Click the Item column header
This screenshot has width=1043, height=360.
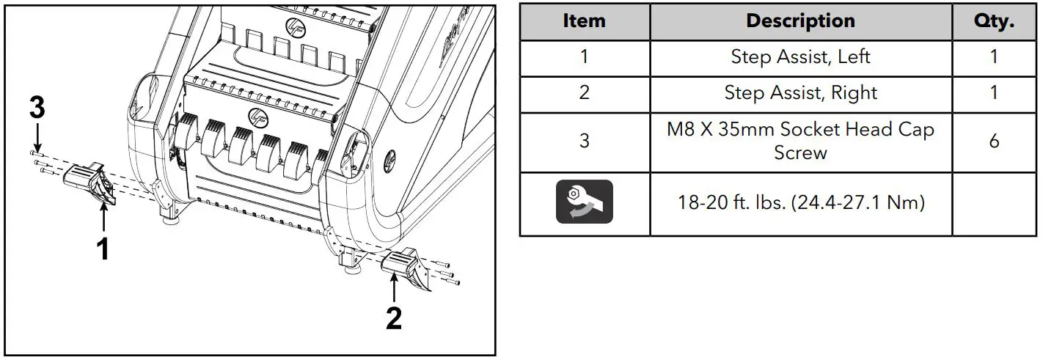click(584, 21)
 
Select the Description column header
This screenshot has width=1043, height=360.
click(800, 21)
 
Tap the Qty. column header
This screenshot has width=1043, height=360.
click(994, 21)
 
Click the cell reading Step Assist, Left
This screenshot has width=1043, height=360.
click(800, 57)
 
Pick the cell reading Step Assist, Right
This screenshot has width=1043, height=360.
click(800, 93)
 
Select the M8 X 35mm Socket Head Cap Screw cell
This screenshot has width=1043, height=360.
click(800, 141)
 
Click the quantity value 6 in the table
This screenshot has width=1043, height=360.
click(994, 141)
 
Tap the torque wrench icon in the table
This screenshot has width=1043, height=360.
click(584, 202)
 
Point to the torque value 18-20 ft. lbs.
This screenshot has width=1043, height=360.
click(800, 202)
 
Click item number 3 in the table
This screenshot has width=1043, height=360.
click(584, 141)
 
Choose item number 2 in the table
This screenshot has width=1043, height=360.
click(584, 93)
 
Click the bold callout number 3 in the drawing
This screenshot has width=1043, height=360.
click(37, 109)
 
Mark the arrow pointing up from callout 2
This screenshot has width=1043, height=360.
click(394, 287)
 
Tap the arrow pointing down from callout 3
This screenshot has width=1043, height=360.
click(37, 139)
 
